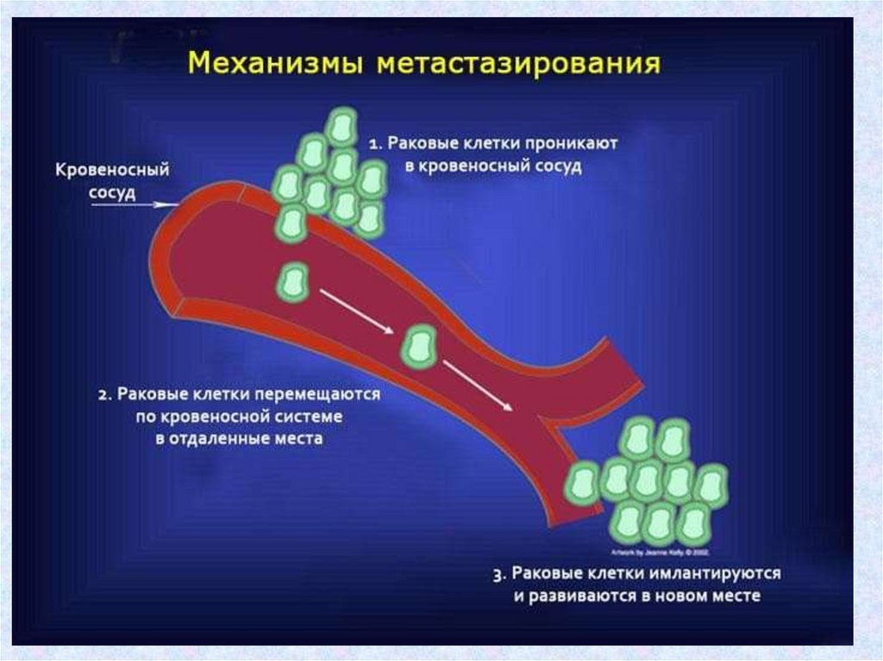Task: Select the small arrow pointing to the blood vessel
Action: point(162,204)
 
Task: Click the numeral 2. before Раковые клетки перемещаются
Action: point(103,396)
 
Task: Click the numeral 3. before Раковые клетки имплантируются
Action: point(499,574)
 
